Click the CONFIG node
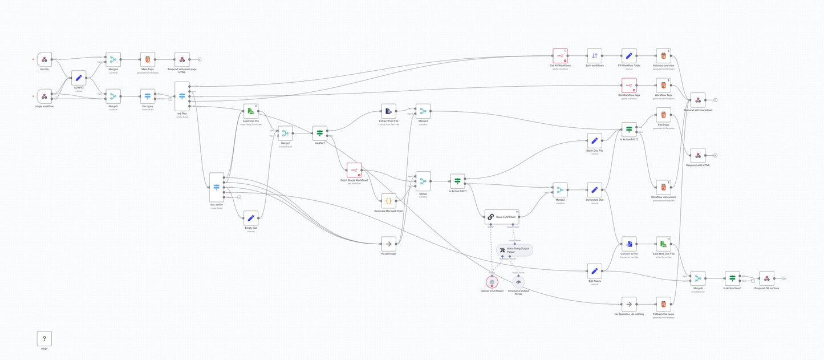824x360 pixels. click(79, 78)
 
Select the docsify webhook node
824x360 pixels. click(44, 59)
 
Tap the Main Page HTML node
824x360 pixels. click(148, 59)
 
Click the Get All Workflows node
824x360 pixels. click(560, 55)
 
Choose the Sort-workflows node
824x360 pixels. click(595, 55)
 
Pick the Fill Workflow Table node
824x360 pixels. click(629, 55)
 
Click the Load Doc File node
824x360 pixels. click(251, 111)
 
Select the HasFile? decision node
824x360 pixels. click(320, 133)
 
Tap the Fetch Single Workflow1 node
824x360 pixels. click(354, 170)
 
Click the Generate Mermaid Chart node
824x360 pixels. click(388, 201)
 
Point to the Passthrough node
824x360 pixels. click(388, 243)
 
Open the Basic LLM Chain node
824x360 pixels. click(502, 216)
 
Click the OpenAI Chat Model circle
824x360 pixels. click(492, 281)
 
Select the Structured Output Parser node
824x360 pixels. click(518, 281)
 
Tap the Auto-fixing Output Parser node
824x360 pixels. click(514, 250)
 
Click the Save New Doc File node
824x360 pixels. click(663, 244)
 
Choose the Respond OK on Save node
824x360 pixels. click(767, 278)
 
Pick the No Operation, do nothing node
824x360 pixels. click(629, 304)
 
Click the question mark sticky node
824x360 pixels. click(44, 338)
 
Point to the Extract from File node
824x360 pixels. click(388, 111)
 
